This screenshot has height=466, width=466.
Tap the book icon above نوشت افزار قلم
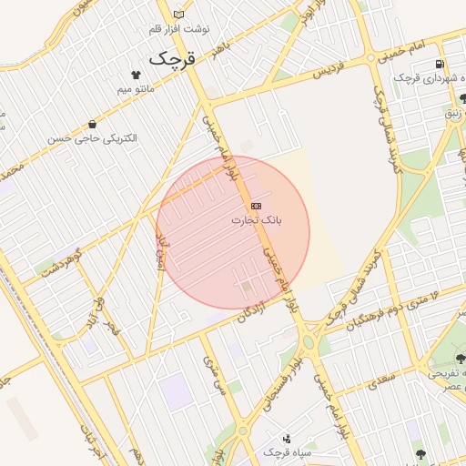(x=178, y=14)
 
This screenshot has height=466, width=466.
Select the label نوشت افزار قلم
(x=179, y=29)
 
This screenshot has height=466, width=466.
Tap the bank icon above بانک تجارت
(x=256, y=206)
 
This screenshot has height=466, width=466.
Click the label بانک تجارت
(x=257, y=220)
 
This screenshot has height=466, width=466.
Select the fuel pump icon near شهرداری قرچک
(x=441, y=65)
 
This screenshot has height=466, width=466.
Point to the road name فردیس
(x=330, y=71)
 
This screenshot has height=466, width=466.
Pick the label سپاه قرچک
(x=288, y=452)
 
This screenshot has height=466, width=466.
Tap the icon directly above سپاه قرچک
(x=288, y=439)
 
